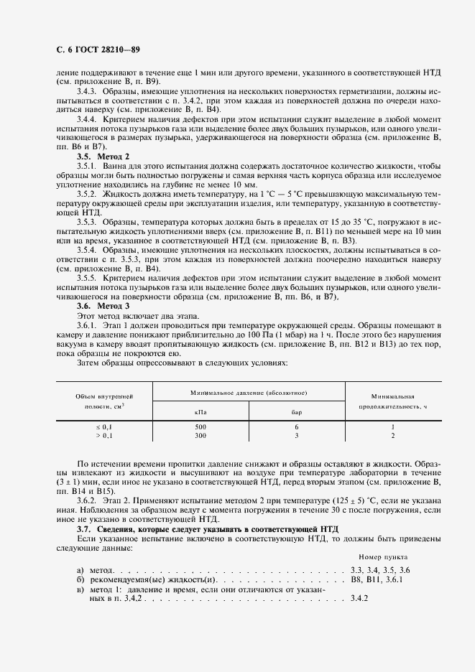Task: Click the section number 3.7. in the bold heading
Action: point(86,528)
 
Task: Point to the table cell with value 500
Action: point(200,426)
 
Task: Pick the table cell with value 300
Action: point(200,435)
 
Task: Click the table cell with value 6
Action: point(296,426)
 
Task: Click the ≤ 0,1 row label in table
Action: point(105,426)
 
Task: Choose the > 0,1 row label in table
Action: point(105,435)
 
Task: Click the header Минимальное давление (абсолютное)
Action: point(249,393)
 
